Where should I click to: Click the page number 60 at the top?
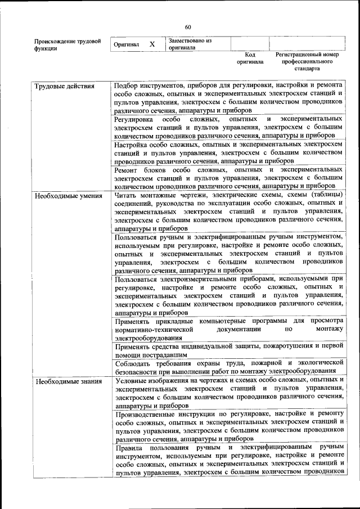click(188, 27)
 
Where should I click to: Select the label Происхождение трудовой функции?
click(67, 45)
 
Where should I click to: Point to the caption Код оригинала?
click(250, 58)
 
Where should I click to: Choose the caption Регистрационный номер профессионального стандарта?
click(307, 62)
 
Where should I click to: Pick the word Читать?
click(125, 196)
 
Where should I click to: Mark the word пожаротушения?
click(286, 346)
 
